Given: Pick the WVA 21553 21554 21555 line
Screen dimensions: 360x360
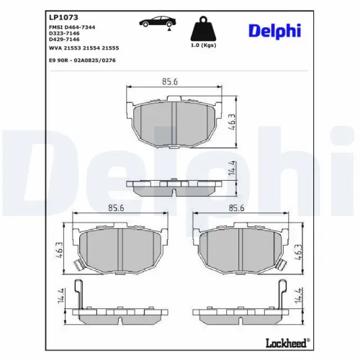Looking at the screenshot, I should click(x=84, y=47).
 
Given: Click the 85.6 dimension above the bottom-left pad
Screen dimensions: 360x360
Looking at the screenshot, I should click(x=117, y=209).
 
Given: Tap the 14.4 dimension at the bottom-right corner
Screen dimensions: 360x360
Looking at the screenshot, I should click(x=297, y=296).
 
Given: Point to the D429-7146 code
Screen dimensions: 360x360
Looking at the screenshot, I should click(x=65, y=39).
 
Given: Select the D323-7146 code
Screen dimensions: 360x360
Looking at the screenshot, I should click(x=65, y=32).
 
